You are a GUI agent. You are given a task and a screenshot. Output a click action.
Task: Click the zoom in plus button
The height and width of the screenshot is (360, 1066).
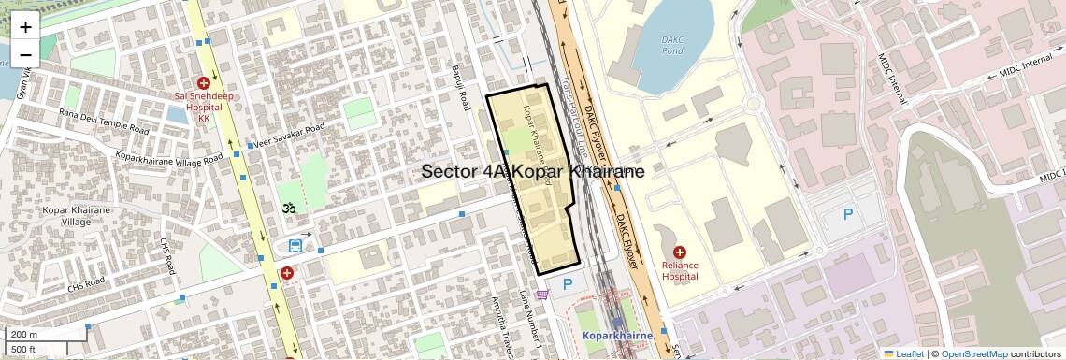[25, 27]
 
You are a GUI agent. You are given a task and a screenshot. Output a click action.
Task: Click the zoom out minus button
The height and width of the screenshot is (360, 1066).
[25, 55]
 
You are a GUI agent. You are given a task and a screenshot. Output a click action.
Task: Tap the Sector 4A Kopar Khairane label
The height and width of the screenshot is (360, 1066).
[532, 172]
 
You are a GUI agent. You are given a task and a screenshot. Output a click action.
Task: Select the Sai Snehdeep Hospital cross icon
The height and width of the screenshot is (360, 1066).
[204, 84]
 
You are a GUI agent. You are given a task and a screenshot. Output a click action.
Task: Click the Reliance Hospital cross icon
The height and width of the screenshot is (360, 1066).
[680, 252]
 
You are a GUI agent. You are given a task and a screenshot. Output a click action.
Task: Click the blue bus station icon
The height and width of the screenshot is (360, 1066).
[295, 246]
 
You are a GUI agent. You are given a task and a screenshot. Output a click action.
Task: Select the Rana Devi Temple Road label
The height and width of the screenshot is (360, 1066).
[104, 122]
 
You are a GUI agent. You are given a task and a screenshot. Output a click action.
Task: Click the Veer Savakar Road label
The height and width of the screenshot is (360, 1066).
[287, 137]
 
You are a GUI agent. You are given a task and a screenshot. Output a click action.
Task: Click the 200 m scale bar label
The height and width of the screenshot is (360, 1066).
[24, 335]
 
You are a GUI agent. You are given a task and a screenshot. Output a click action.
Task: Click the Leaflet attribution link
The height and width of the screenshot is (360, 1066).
[904, 353]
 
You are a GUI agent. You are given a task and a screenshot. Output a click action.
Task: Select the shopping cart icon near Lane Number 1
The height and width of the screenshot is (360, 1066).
[542, 295]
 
